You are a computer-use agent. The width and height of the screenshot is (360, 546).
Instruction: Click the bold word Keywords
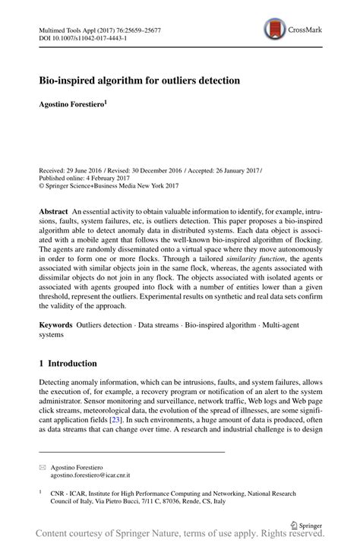57,324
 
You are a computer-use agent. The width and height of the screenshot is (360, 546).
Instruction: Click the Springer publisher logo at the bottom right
307,523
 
